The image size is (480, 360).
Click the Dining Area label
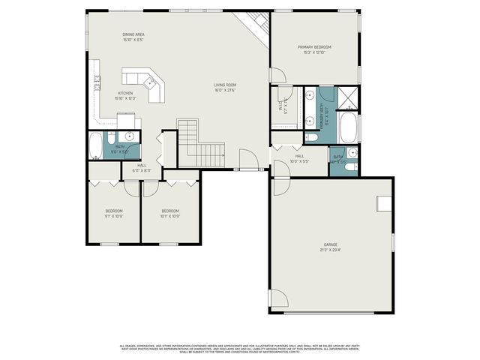[133, 34]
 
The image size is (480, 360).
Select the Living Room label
[225, 85]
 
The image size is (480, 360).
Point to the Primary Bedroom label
[313, 47]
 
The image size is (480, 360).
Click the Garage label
[331, 244]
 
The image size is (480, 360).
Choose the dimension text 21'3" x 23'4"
[331, 250]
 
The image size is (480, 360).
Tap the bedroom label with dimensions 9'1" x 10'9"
[114, 211]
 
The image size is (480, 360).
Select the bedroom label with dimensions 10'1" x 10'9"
[171, 211]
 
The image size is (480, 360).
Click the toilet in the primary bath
[312, 137]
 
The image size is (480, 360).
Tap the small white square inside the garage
[384, 202]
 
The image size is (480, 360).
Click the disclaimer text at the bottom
[240, 348]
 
